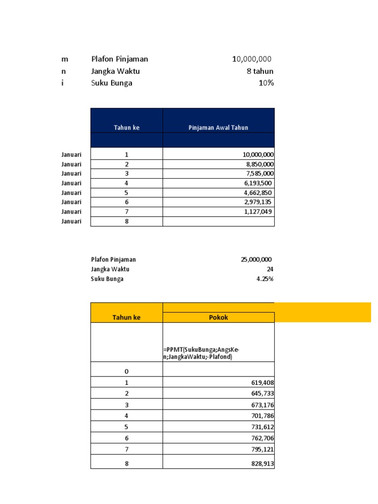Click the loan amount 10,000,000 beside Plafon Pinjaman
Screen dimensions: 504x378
pos(252,59)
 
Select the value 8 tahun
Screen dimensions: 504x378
pos(260,71)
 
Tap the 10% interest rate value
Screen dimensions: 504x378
pos(266,83)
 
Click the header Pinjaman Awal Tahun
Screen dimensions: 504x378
pos(218,127)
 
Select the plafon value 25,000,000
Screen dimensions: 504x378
pos(256,259)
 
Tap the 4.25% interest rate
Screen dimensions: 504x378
pos(265,279)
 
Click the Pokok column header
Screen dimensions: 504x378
pos(218,317)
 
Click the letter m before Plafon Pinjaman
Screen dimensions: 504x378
pos(64,59)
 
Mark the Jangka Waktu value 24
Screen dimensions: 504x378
pos(270,269)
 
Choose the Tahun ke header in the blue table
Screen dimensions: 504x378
pos(126,127)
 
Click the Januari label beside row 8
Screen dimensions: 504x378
pos(71,221)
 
